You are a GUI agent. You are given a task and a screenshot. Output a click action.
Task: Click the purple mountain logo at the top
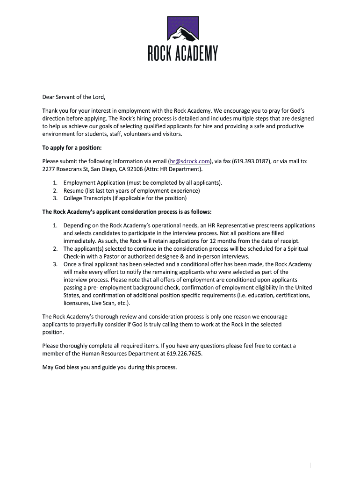(183, 29)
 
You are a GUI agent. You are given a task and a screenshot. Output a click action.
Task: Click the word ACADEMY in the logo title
(196, 54)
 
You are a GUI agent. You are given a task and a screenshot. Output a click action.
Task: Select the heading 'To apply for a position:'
(72, 148)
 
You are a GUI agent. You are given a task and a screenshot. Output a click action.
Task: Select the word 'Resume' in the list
(73, 190)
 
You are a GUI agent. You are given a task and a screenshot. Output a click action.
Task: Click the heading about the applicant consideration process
(127, 211)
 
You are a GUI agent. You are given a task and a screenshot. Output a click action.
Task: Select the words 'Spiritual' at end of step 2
(296, 249)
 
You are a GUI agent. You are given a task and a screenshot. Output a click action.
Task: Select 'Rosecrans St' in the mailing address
(73, 169)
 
